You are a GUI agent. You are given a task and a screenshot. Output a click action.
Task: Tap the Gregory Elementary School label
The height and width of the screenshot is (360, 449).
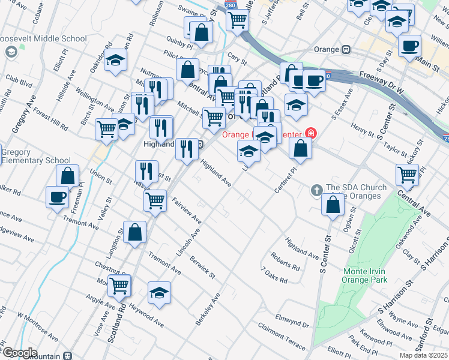[x=36, y=156]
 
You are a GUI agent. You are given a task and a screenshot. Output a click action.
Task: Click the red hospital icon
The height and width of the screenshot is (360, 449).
[x=311, y=133]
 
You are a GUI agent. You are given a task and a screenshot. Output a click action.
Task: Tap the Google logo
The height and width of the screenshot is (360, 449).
[x=20, y=353]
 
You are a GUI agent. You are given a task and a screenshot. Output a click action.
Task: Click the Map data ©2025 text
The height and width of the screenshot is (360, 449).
[x=424, y=355]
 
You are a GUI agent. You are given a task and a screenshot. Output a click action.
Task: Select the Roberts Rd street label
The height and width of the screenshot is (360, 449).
[x=285, y=262]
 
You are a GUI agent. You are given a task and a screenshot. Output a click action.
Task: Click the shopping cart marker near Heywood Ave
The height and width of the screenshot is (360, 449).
[x=119, y=286]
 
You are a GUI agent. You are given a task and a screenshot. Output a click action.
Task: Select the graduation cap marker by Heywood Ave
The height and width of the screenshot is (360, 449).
[x=159, y=293]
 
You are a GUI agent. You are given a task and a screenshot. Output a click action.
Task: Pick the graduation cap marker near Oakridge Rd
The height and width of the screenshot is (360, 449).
[x=115, y=61]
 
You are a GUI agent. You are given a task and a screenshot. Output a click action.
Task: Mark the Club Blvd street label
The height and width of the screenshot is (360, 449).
[x=19, y=77]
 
